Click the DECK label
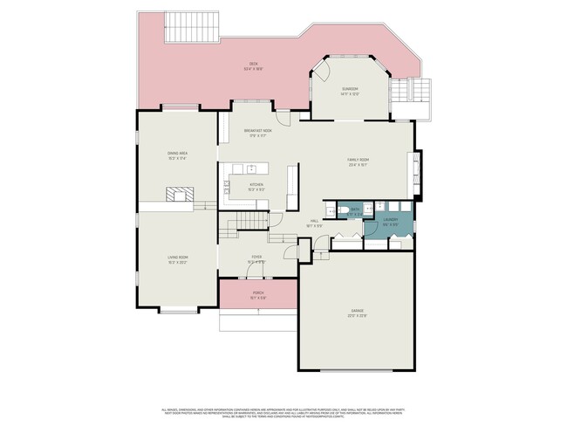253,64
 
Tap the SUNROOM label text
351,89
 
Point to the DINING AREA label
178,155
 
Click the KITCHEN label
256,184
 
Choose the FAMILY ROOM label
358,160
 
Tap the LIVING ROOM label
178,257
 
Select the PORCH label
258,292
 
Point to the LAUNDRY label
390,220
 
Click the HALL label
315,221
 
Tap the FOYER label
256,257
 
